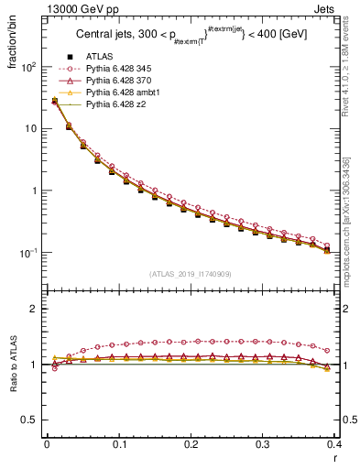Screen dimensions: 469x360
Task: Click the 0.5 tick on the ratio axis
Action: point(30,420)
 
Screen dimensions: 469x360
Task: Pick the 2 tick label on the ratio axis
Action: point(35,309)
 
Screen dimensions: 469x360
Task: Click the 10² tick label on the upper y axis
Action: point(28,67)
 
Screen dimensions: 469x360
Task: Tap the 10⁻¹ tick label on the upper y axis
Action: point(28,253)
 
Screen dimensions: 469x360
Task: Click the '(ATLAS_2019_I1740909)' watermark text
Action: point(191,274)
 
